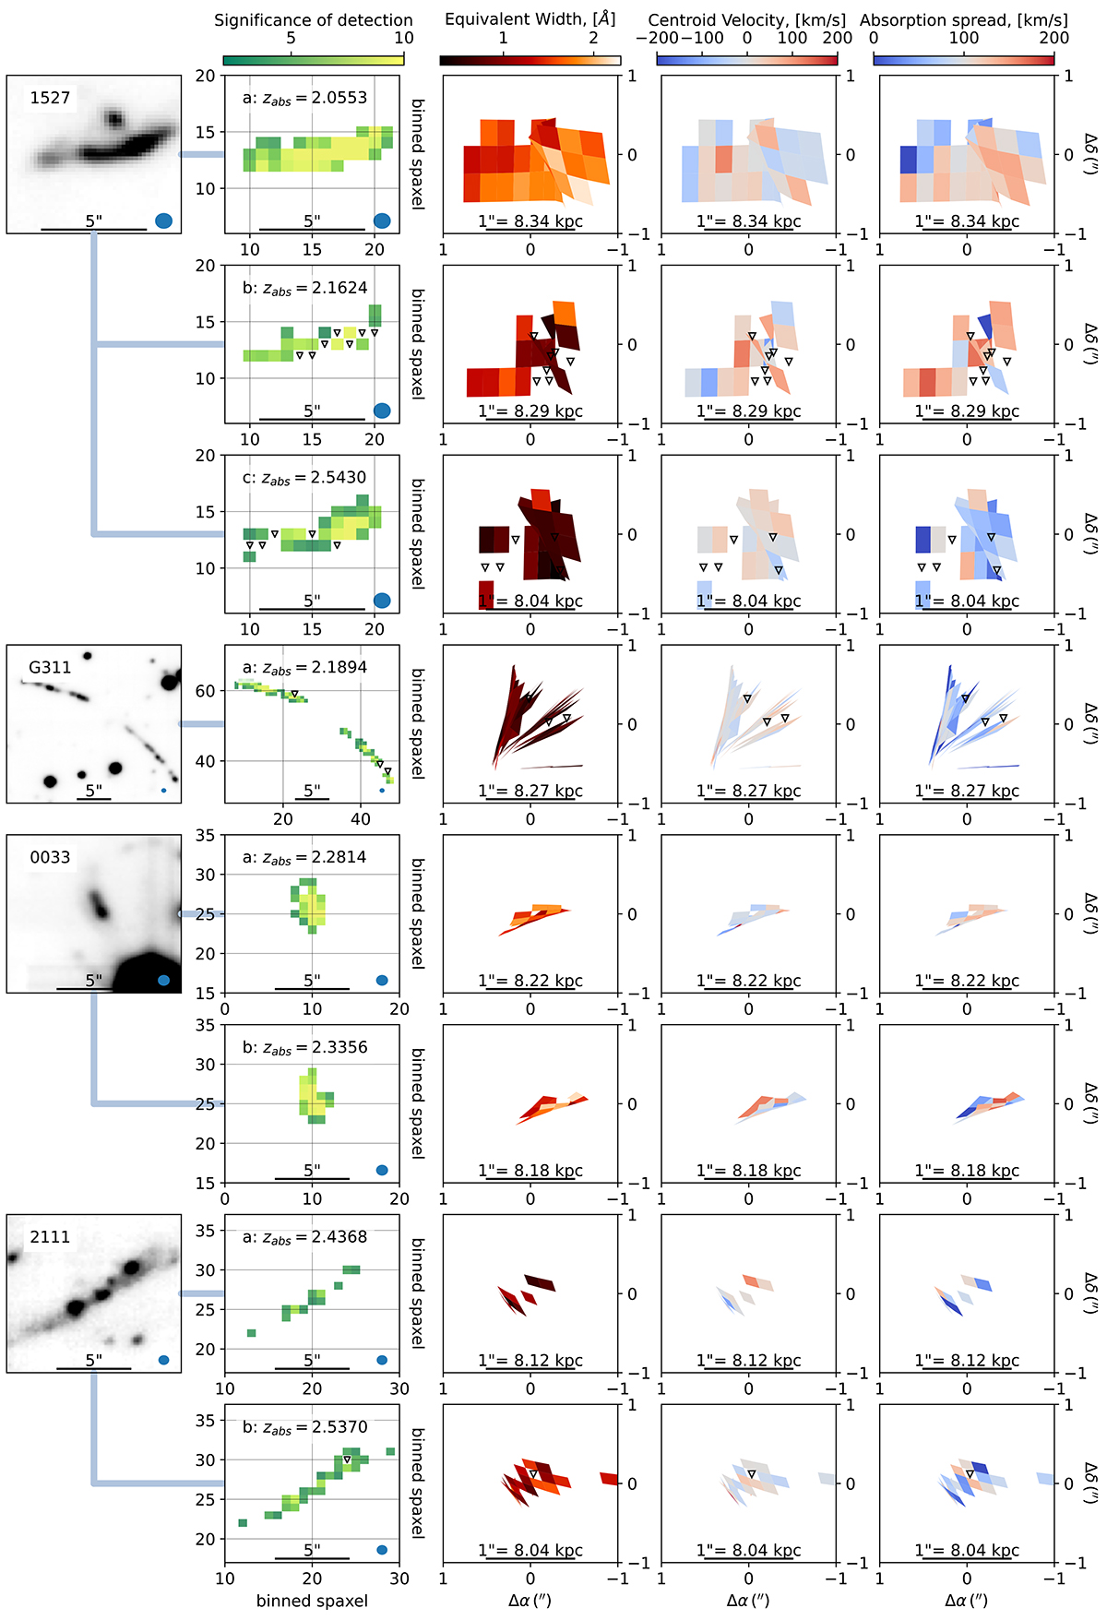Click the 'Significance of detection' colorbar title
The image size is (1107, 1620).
click(x=314, y=20)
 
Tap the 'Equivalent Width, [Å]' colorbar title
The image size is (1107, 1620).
click(x=530, y=19)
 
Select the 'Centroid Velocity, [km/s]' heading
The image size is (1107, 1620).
click(x=747, y=20)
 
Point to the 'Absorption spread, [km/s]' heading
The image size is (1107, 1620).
click(x=964, y=20)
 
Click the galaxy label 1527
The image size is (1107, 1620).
click(x=50, y=98)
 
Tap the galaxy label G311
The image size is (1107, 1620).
click(x=50, y=667)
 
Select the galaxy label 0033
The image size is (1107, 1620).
click(x=50, y=857)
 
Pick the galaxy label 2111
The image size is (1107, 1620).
click(x=50, y=1237)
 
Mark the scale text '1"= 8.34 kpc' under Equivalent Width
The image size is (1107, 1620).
click(x=530, y=221)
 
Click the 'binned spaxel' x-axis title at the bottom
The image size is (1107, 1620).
click(x=312, y=1601)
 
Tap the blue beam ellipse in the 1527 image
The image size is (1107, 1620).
click(x=164, y=220)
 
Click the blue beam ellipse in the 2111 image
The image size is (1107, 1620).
click(x=163, y=1360)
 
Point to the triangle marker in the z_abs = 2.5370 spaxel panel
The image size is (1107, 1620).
click(x=347, y=1459)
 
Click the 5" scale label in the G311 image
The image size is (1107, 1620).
click(x=94, y=791)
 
